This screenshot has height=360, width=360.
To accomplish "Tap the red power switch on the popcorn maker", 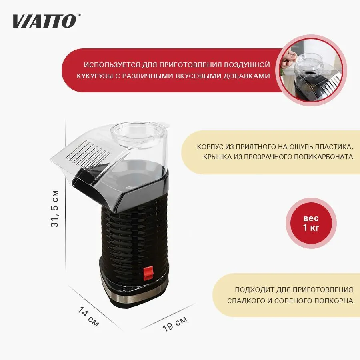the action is click(x=148, y=272).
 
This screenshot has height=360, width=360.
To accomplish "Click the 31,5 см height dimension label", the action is click(x=55, y=209).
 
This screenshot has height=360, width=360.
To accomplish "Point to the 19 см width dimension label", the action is click(x=175, y=324).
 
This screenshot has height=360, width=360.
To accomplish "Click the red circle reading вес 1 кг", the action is click(x=311, y=223).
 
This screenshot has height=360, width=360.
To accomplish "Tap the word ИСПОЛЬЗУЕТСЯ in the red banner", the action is click(x=112, y=65).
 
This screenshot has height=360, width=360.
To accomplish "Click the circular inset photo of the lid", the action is click(x=311, y=71).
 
